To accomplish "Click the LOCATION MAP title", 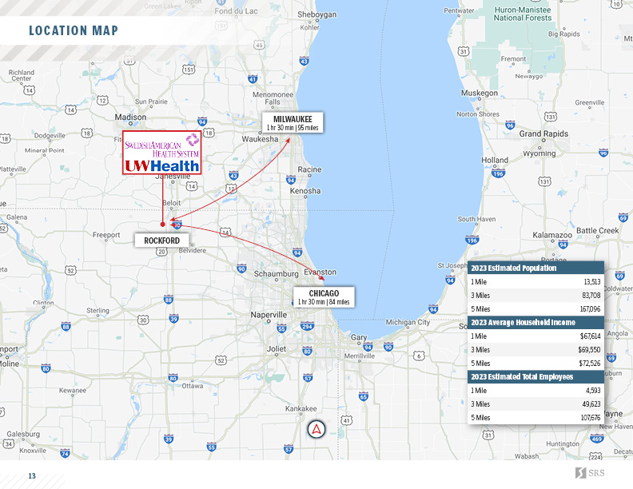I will click(74, 31).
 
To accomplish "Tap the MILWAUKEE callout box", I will click(293, 122).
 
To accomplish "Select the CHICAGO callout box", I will click(324, 297).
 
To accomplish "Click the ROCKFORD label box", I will click(167, 240).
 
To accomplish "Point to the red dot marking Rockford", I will click(163, 225).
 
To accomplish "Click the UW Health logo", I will click(161, 165).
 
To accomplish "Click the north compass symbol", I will click(317, 429).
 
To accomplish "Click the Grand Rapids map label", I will click(543, 133).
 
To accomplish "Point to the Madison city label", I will click(131, 117).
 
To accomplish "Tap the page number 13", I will click(32, 476).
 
